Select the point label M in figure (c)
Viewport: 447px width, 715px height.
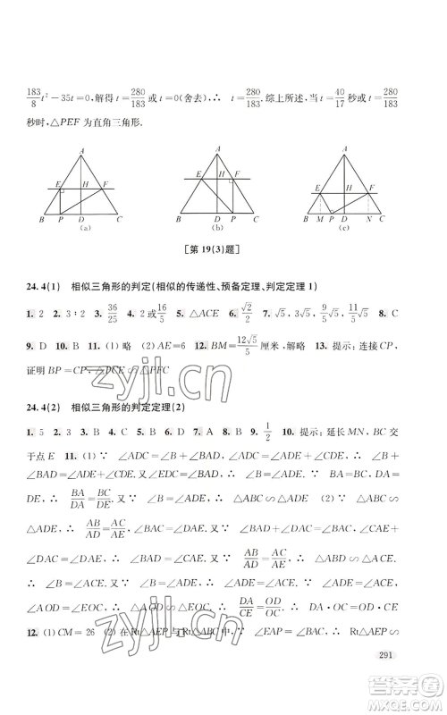320,220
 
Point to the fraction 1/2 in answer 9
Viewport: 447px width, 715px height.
260,441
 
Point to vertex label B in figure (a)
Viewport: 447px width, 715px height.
43,220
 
